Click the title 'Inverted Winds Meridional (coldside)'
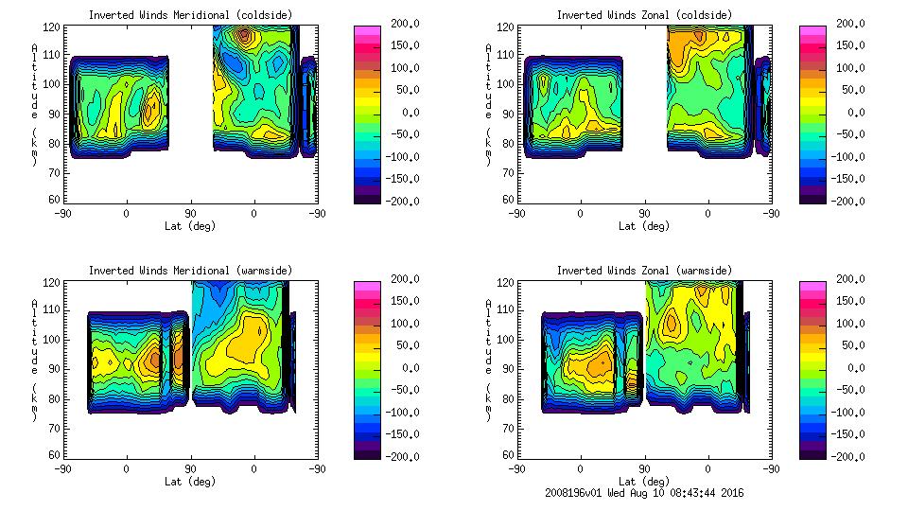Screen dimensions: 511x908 (x=190, y=15)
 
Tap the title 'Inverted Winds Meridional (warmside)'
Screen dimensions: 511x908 (x=190, y=271)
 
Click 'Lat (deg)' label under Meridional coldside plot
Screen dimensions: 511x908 (x=190, y=226)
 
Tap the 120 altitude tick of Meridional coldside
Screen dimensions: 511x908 (x=55, y=27)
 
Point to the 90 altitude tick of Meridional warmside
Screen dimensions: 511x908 (x=55, y=369)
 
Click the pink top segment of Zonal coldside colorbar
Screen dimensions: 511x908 (x=812, y=31)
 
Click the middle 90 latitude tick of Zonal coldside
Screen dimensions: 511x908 (x=644, y=214)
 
